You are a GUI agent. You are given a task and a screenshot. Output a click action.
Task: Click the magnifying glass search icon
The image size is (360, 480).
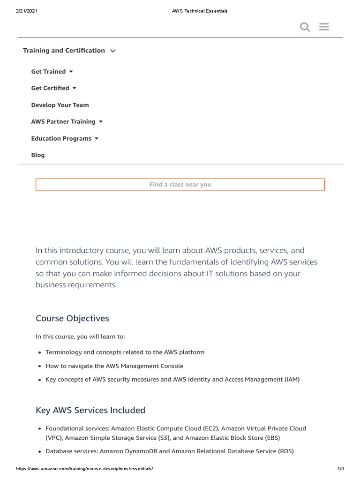click(305, 27)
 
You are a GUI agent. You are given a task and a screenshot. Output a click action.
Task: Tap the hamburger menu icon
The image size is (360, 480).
click(324, 27)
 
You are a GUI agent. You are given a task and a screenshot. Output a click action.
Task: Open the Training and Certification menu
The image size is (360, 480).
click(69, 51)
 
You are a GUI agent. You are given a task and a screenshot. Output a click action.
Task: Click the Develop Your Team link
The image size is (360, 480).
click(60, 105)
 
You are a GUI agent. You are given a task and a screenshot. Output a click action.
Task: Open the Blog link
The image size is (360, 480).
click(38, 155)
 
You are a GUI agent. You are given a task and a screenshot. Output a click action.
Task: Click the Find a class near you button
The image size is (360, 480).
click(180, 185)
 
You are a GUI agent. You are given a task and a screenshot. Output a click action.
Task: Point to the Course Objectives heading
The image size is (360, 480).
click(72, 318)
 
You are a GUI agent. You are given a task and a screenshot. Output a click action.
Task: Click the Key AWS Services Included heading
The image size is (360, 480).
click(90, 410)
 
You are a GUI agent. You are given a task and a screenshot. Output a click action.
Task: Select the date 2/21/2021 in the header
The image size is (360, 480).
click(27, 11)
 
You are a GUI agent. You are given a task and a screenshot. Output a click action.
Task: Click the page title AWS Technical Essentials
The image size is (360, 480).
click(200, 11)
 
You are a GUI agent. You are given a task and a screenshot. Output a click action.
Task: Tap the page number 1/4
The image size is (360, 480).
click(341, 469)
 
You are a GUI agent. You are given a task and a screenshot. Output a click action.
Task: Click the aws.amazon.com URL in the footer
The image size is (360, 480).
click(84, 469)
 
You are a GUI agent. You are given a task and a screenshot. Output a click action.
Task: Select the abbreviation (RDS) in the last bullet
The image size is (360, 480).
click(286, 451)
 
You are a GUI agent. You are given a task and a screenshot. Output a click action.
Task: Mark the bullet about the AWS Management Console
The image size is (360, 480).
click(114, 366)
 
